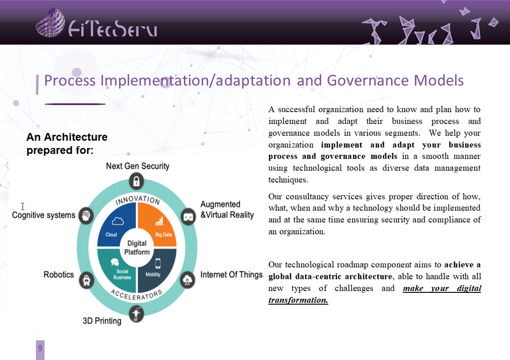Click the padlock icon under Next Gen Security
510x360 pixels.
pyautogui.click(x=136, y=181)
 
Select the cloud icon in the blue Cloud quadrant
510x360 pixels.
pyautogui.click(x=118, y=221)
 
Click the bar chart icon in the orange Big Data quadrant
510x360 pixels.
pyautogui.click(x=159, y=221)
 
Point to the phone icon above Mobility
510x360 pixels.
pyautogui.click(x=158, y=263)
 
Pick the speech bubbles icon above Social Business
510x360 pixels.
pyautogui.click(x=115, y=262)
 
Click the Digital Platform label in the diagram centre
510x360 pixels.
pyautogui.click(x=137, y=247)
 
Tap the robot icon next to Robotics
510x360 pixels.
pyautogui.click(x=87, y=280)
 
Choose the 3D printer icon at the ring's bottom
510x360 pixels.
pyautogui.click(x=136, y=314)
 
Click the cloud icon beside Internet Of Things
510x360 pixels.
pyautogui.click(x=188, y=280)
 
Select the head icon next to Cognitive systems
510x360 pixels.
pyautogui.click(x=86, y=215)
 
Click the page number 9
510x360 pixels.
pyautogui.click(x=40, y=348)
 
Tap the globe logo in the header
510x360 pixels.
pyautogui.click(x=50, y=22)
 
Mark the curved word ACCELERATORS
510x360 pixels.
pyautogui.click(x=136, y=295)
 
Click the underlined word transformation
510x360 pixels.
pyautogui.click(x=298, y=300)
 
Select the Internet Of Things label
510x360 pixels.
pyautogui.click(x=231, y=275)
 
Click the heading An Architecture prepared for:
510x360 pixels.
pyautogui.click(x=67, y=143)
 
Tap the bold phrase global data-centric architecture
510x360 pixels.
pyautogui.click(x=330, y=276)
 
